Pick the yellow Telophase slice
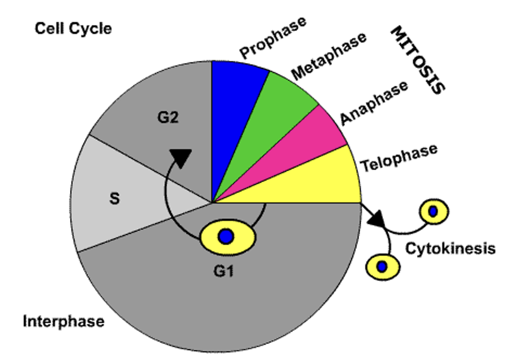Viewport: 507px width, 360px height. pyautogui.click(x=324, y=178)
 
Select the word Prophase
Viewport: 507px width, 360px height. pyautogui.click(x=273, y=37)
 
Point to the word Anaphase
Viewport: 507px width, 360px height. pyautogui.click(x=374, y=102)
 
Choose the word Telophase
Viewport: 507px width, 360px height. pyautogui.click(x=398, y=157)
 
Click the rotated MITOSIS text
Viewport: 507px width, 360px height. pyautogui.click(x=417, y=60)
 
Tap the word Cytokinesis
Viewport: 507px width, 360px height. pyautogui.click(x=450, y=248)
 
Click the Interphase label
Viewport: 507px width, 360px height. pyautogui.click(x=63, y=321)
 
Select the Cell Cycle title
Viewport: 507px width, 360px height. pyautogui.click(x=73, y=28)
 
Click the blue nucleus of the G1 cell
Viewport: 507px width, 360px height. pyautogui.click(x=226, y=237)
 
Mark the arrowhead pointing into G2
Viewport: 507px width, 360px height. pyautogui.click(x=181, y=157)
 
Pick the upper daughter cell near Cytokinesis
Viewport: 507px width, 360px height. pyautogui.click(x=434, y=211)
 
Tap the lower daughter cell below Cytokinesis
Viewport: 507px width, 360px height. pyautogui.click(x=382, y=266)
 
